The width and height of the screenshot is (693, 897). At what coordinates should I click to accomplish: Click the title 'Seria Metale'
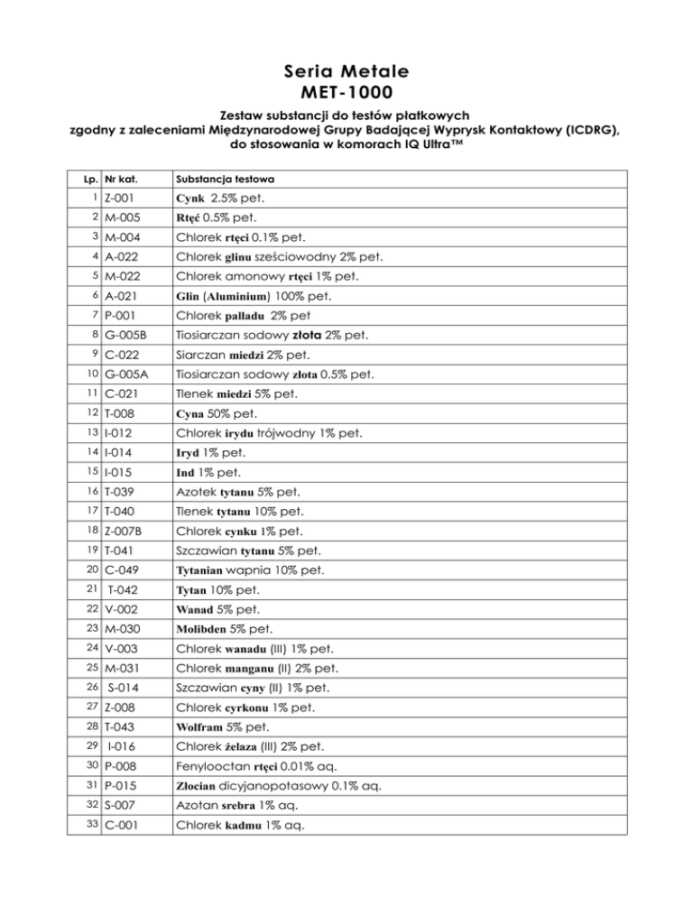(x=346, y=70)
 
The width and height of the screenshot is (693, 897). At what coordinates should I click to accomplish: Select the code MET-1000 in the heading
(x=346, y=91)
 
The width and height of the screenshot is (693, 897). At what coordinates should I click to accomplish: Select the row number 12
(x=93, y=412)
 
